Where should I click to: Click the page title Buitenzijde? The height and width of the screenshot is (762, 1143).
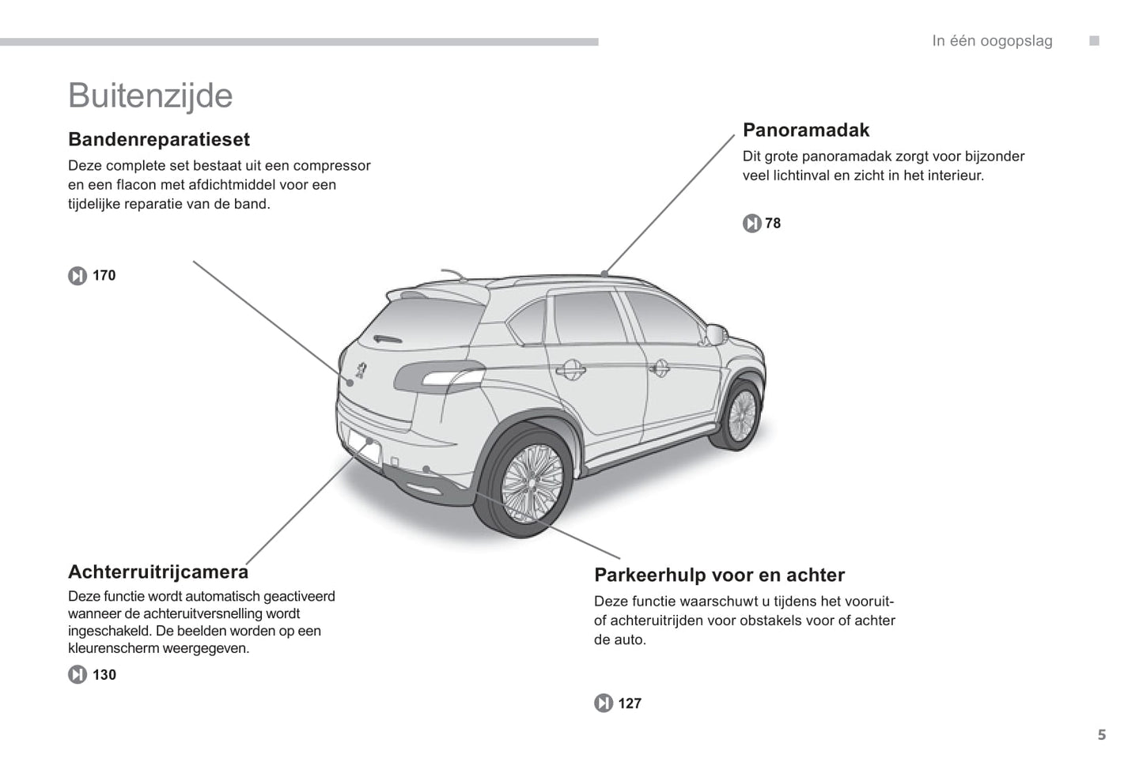coord(150,96)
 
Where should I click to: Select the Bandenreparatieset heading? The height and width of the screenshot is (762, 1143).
coord(159,139)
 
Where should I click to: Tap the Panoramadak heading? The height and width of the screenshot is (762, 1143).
coord(806,130)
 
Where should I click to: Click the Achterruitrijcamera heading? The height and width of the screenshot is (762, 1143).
coord(158,571)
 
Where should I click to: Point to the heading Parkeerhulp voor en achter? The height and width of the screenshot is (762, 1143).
coord(720,575)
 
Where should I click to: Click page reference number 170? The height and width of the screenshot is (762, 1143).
coord(104,275)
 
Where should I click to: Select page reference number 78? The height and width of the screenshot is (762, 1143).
coord(773,224)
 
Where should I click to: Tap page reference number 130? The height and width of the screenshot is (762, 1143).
coord(104,675)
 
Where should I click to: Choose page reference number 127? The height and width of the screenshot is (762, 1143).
coord(630,704)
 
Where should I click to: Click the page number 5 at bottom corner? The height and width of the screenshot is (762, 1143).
coord(1102,735)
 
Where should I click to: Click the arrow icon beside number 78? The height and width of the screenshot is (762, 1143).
coord(752,224)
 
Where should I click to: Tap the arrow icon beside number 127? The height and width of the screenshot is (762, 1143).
coord(604,704)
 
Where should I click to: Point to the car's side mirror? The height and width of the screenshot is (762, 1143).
coord(716,334)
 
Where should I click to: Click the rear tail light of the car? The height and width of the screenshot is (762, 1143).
coord(440,376)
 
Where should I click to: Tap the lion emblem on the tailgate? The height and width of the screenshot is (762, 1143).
coord(361,370)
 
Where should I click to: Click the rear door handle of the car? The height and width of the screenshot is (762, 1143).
coord(570,369)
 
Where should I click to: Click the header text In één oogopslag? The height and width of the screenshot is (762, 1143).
coord(992,41)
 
